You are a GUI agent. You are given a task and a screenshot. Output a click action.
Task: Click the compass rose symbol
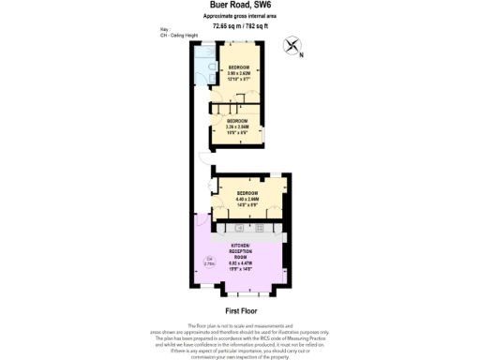[x=292, y=44]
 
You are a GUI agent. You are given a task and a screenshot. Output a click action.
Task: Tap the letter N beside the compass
[x=303, y=54]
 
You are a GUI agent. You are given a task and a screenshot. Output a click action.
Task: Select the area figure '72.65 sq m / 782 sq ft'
[x=239, y=25]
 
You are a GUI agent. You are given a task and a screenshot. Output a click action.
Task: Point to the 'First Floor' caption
[x=240, y=309]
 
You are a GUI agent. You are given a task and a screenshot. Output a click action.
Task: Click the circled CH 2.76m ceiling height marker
[x=210, y=261]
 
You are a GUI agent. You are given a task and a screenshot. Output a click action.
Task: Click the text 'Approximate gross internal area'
[x=239, y=16]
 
